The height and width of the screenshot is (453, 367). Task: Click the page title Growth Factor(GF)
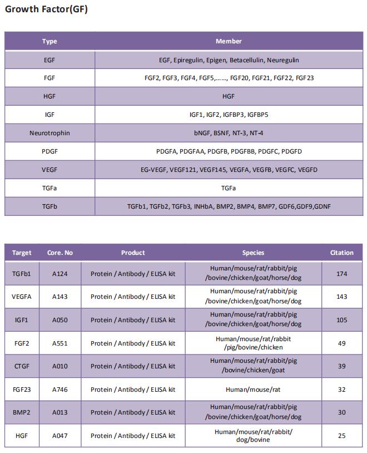(x=46, y=9)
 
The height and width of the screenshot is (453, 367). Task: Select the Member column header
(x=229, y=41)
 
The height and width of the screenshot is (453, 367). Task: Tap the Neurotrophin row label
(x=49, y=133)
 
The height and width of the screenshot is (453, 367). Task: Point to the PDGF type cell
(x=49, y=151)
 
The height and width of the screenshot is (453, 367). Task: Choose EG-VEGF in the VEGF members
(x=153, y=170)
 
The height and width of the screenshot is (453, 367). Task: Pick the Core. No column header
(x=60, y=253)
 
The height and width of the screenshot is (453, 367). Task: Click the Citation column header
(x=341, y=253)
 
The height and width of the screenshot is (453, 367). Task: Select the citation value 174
(x=341, y=274)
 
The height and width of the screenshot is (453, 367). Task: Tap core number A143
(x=60, y=297)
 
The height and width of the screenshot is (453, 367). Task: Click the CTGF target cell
(x=22, y=366)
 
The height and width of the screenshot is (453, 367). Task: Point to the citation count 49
(x=341, y=343)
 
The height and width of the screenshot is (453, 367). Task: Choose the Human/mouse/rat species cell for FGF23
(x=253, y=390)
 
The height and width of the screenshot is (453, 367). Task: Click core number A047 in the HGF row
(x=60, y=436)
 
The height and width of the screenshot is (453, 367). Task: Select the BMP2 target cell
(x=22, y=412)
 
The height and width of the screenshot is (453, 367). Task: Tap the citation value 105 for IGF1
(x=341, y=320)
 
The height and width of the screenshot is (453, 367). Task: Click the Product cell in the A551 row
(x=133, y=343)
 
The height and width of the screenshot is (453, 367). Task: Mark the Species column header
(x=253, y=253)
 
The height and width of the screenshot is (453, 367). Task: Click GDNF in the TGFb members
(x=322, y=206)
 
